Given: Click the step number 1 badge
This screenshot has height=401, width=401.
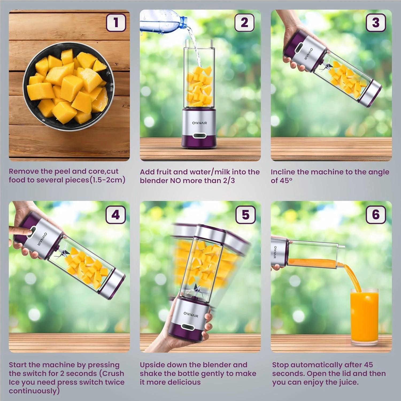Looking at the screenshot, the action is pos(116,22).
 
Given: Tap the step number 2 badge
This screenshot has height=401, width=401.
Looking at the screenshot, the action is pos(244,22).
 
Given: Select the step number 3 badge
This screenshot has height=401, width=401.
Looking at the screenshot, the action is pos(376,22).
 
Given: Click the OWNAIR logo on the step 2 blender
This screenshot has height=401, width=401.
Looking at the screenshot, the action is pos(199,123).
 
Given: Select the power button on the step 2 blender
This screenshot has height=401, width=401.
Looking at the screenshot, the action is pos(199,136).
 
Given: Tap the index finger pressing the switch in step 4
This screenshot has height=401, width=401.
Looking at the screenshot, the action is pos(20,230).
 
